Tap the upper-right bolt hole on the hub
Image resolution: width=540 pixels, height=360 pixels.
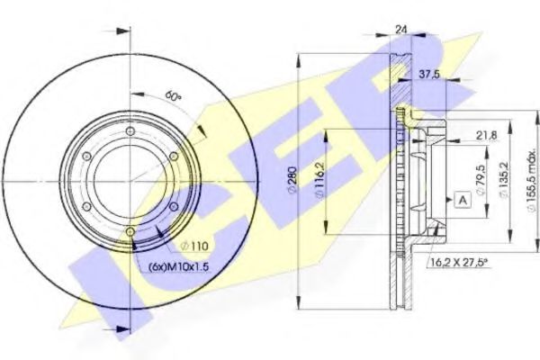coord(173,157)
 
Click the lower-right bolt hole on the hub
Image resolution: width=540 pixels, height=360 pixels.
coord(173,207)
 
